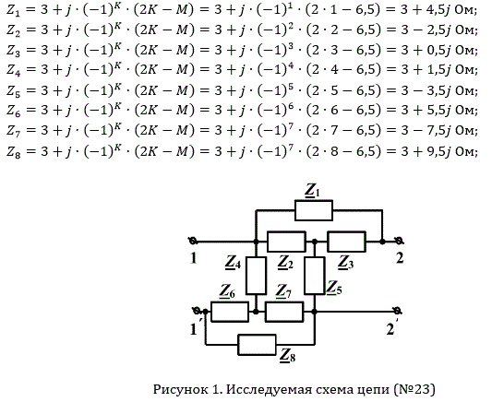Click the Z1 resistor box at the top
coord(314,210)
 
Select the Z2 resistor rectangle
coord(286,242)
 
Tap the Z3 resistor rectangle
coord(346,242)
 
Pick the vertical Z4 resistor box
coord(256,276)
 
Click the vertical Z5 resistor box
coord(315,276)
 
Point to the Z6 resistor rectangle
coord(230,312)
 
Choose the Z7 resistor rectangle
coord(284,312)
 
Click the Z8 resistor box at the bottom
coord(257,345)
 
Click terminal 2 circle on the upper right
coord(399,242)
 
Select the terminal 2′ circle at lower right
coord(398,312)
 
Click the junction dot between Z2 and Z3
coord(315,242)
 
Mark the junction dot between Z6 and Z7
coord(256,312)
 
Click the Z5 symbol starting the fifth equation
coord(14,91)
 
